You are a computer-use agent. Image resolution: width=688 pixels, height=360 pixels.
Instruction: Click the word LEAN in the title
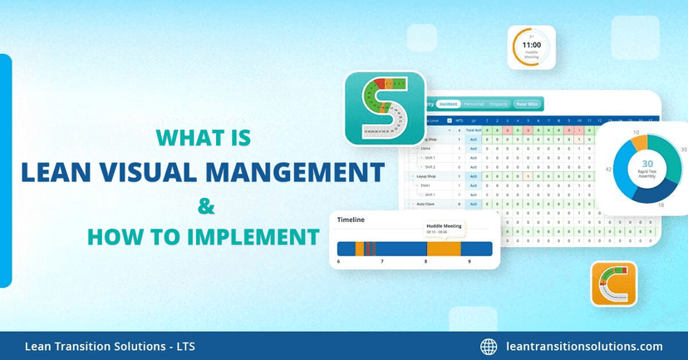61,171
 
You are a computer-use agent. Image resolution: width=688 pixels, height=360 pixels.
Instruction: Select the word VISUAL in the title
167,171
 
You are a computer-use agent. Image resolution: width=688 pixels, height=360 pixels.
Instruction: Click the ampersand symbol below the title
203,205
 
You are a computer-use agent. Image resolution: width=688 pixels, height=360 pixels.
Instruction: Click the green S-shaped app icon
385,108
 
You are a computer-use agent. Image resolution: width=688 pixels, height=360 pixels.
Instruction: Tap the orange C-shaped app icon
613,284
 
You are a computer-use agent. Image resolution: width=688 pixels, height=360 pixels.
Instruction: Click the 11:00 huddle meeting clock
531,47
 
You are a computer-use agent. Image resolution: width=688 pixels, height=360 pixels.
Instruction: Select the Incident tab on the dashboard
448,104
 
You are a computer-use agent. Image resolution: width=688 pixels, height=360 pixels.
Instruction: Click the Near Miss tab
527,104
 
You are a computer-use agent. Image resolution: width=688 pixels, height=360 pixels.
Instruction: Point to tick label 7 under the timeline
382,261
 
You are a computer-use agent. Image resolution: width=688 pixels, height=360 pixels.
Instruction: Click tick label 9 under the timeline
469,261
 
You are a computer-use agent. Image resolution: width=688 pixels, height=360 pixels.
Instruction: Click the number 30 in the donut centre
647,165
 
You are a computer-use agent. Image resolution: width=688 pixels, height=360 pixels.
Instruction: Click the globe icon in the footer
489,347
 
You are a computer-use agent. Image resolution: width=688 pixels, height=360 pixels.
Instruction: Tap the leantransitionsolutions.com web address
584,347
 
